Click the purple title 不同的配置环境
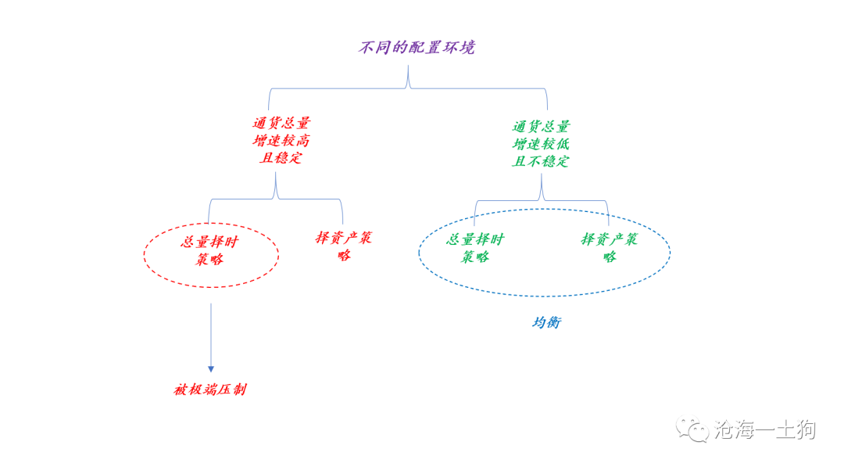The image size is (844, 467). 417,48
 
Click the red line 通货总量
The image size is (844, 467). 281,124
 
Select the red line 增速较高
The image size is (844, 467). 281,141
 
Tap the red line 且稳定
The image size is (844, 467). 281,158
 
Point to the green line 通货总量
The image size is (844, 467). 541,127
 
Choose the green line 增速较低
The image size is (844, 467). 541,144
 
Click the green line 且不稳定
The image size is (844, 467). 541,161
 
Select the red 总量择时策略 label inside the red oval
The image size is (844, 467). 209,250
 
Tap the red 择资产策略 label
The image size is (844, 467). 344,246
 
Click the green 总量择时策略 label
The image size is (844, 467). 475,248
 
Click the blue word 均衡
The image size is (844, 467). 547,322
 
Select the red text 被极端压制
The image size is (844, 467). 210,390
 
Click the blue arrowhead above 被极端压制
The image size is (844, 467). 211,369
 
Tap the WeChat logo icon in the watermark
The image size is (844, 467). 692,429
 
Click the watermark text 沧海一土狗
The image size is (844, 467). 765,429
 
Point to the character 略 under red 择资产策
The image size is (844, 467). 345,255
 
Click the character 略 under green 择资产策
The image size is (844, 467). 610,257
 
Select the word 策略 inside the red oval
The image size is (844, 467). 209,260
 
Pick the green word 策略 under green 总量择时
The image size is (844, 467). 475,257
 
